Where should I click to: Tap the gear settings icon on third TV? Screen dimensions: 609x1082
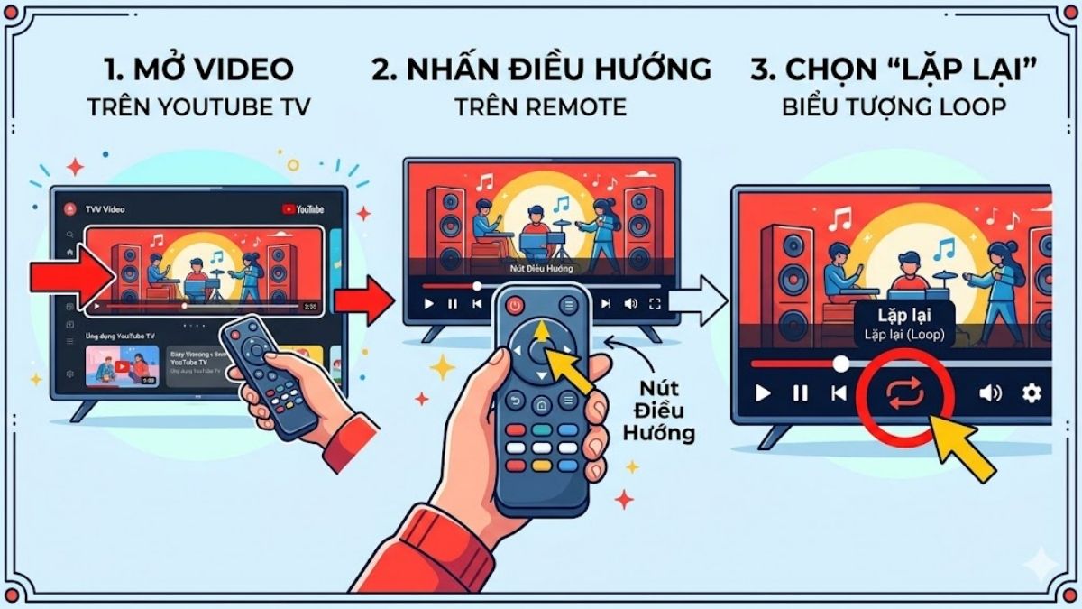[x=1032, y=393]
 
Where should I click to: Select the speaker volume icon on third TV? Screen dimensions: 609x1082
[x=990, y=393]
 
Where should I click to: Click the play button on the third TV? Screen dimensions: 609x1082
[x=763, y=393]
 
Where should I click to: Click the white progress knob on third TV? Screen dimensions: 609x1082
[x=840, y=364]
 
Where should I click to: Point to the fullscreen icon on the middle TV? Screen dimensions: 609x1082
[x=656, y=304]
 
